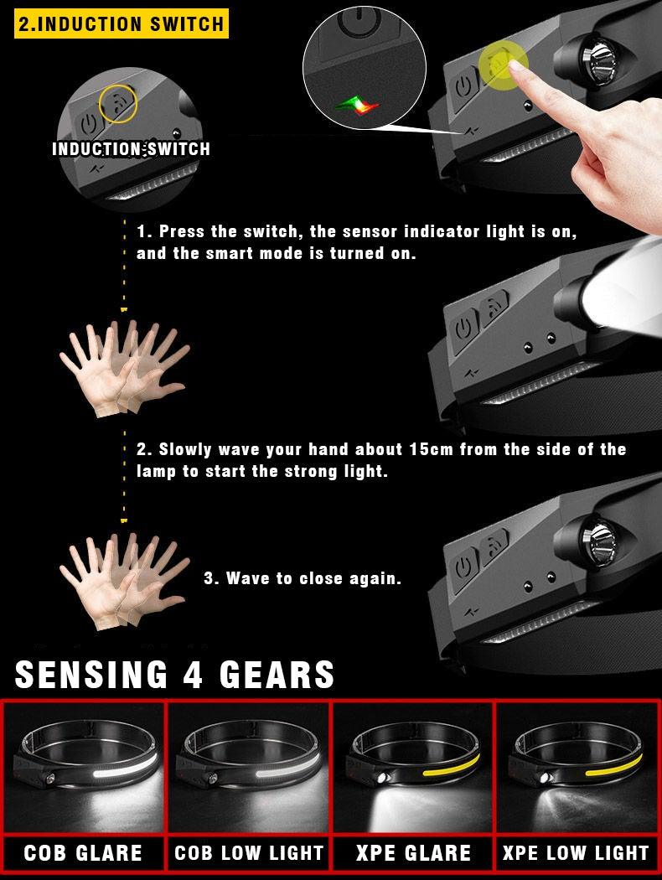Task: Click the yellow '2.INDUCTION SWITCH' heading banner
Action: [x=122, y=23]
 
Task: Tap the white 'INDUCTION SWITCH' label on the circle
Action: [x=131, y=149]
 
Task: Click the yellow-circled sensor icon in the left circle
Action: [x=118, y=103]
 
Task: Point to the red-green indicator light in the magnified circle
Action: [x=357, y=104]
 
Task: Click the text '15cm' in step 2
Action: [x=431, y=449]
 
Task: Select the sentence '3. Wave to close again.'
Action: [x=303, y=578]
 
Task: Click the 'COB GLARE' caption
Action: [x=83, y=853]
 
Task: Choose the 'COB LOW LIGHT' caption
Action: [x=249, y=853]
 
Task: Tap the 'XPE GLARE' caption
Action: [x=413, y=853]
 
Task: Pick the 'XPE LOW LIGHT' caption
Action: [x=576, y=853]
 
